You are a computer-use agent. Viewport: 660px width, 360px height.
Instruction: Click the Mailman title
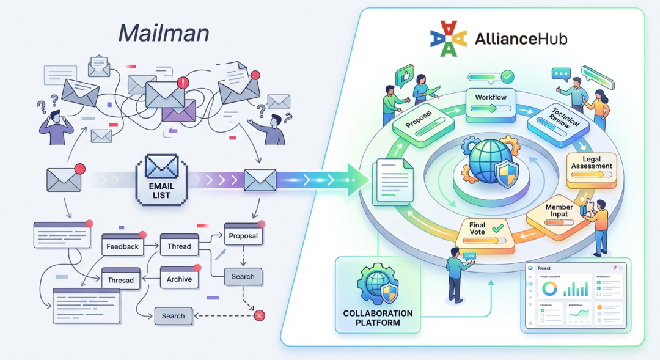coord(163,33)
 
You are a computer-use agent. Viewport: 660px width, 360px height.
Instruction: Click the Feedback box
coord(123,246)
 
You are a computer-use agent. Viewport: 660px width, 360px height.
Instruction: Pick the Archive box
coord(179,279)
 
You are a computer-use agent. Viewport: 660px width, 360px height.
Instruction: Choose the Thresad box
coord(121,280)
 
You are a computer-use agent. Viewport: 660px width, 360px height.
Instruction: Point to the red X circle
coord(259,315)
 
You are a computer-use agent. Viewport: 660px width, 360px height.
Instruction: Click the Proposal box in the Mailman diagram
coord(243,235)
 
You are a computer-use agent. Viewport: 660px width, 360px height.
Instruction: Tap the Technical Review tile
coord(557,122)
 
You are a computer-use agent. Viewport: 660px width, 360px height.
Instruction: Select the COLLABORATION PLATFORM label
coord(378,318)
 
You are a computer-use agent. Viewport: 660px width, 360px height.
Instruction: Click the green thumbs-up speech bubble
coord(404,76)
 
